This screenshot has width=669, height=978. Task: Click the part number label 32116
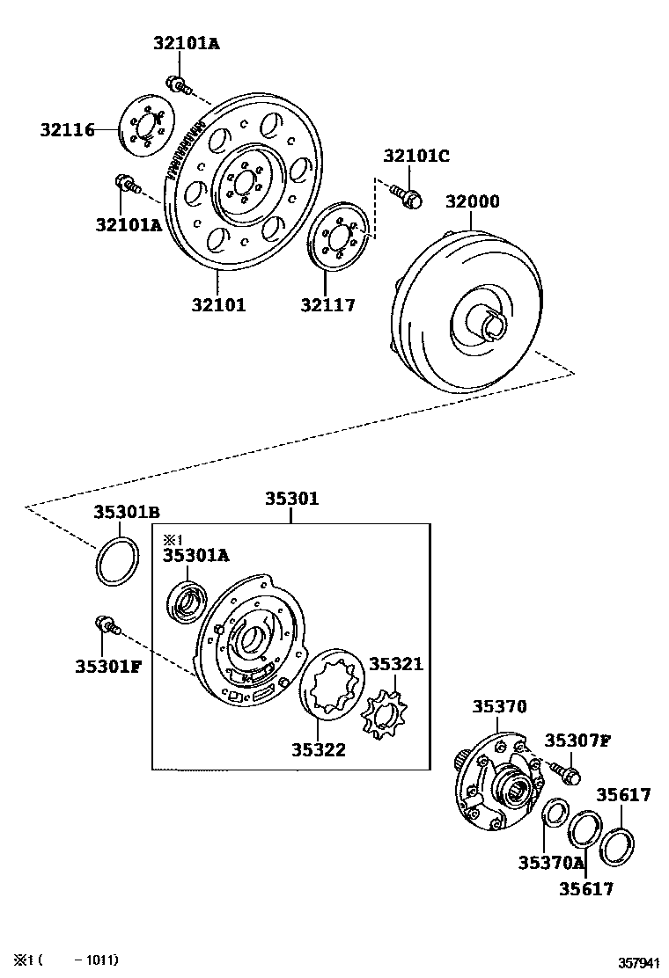pos(66,130)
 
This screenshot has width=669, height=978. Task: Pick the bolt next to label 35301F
pos(105,625)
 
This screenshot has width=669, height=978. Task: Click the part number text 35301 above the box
pos(292,500)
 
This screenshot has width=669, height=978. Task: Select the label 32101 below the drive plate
pos(218,305)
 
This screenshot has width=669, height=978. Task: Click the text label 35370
pos(499,706)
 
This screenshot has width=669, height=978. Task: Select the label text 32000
pos(472,201)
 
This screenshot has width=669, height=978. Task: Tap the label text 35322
pos(319,750)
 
